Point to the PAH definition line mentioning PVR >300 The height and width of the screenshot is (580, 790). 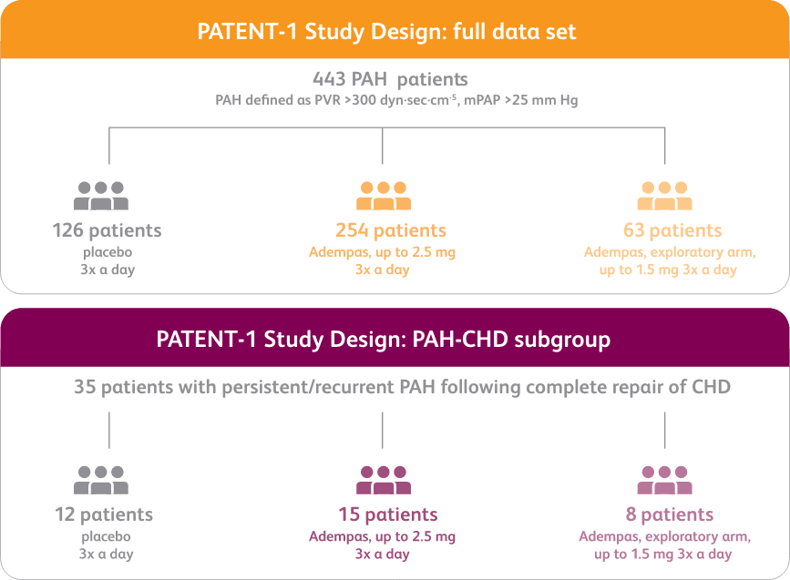pyautogui.click(x=396, y=99)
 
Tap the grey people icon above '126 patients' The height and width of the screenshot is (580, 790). pyautogui.click(x=101, y=194)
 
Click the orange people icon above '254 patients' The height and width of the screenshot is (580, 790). pyautogui.click(x=384, y=194)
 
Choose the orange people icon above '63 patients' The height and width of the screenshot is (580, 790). pyautogui.click(x=665, y=194)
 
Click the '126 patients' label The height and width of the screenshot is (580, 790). pyautogui.click(x=108, y=230)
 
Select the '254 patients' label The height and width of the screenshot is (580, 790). pyautogui.click(x=391, y=230)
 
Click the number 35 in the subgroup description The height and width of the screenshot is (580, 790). pyautogui.click(x=86, y=387)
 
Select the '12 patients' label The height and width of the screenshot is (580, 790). pyautogui.click(x=103, y=515)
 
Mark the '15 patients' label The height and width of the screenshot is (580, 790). pyautogui.click(x=387, y=515)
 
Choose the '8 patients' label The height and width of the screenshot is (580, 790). pyautogui.click(x=670, y=515)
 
